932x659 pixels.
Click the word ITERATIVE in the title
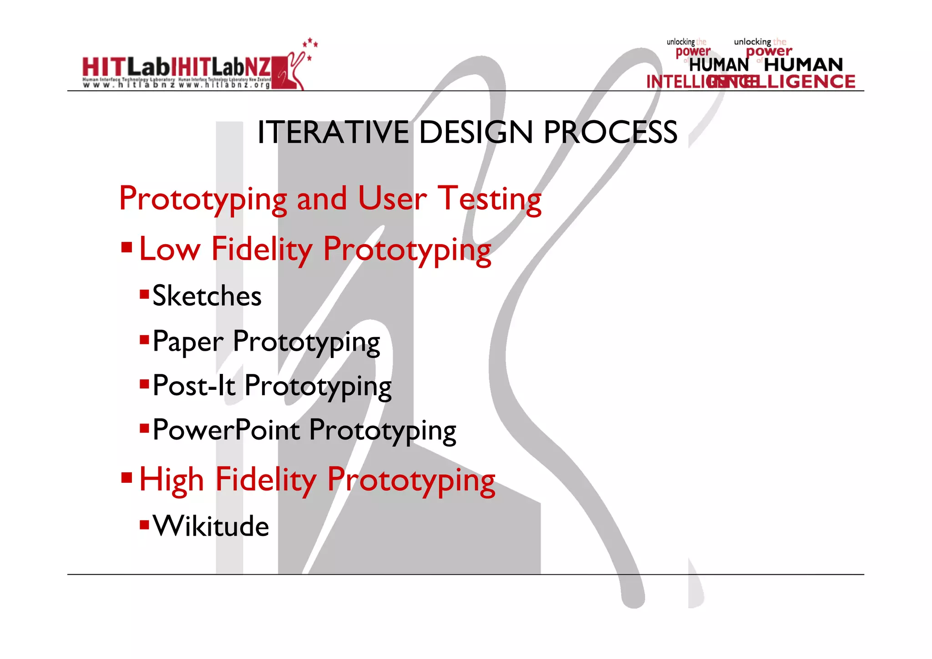coord(333,133)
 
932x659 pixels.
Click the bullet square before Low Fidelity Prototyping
coord(127,247)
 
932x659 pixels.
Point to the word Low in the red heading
coord(170,250)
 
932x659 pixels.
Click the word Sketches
coord(207,296)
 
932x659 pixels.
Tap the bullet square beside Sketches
coord(144,294)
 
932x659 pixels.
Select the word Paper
coord(188,342)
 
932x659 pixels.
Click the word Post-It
coord(194,386)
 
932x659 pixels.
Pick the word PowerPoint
coord(226,430)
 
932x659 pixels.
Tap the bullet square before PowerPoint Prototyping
coord(144,428)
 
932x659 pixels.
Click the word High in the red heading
coord(172,480)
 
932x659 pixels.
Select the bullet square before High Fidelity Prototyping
coord(127,478)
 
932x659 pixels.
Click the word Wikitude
coord(211,526)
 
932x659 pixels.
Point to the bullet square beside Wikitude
coord(144,525)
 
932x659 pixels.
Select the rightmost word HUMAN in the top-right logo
coord(803,65)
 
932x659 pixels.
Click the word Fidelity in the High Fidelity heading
coord(266,480)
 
